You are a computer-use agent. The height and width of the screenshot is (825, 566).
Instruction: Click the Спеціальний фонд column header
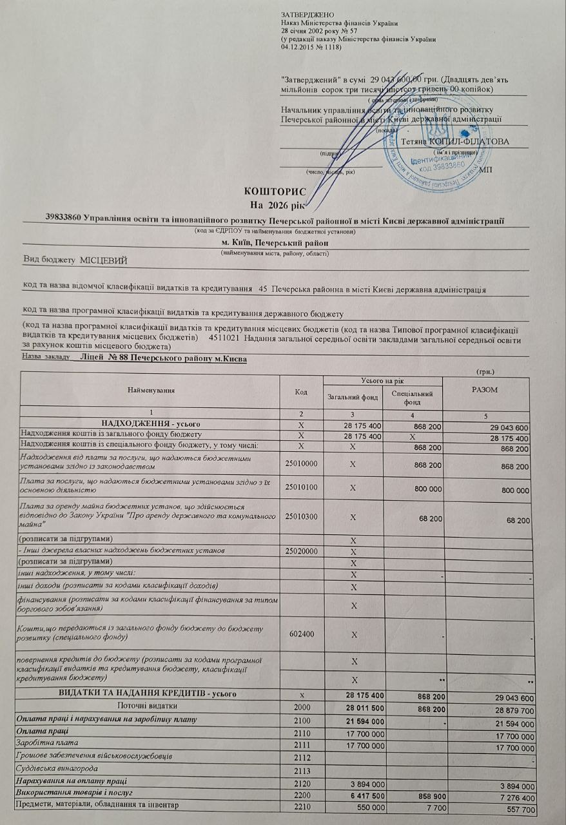click(412, 397)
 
